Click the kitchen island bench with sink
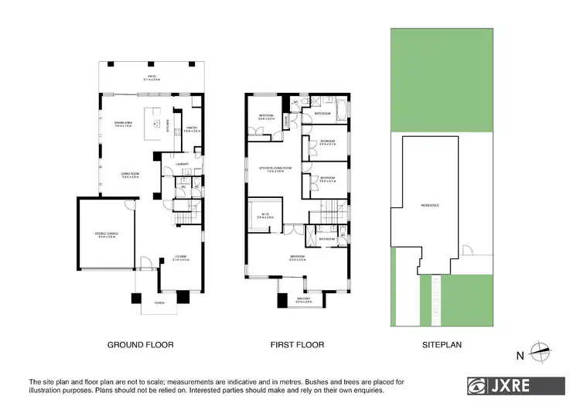(158, 124)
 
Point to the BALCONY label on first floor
(303, 299)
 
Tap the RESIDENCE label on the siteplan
(430, 205)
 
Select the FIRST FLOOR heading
(296, 344)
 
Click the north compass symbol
(541, 350)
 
